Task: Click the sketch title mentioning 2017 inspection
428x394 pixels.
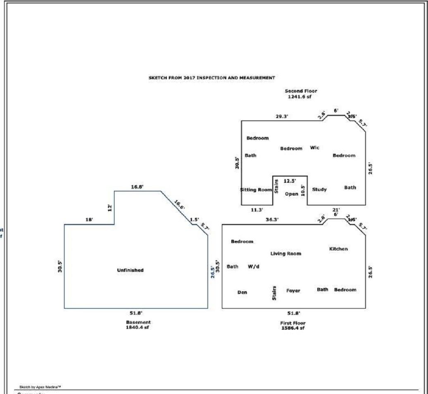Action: [x=212, y=78]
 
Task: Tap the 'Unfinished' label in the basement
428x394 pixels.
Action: [x=130, y=270]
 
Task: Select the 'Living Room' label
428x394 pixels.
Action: [x=285, y=254]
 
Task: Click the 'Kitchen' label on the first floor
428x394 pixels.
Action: [x=338, y=249]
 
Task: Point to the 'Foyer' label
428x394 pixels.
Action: [x=293, y=290]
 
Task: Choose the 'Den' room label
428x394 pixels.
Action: [x=242, y=292]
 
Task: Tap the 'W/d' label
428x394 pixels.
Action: [x=253, y=267]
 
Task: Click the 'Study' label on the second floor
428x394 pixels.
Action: [x=319, y=189]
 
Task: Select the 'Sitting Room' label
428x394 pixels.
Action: [x=256, y=190]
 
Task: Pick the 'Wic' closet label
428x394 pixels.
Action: [x=315, y=148]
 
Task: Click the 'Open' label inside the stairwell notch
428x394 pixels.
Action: [x=292, y=194]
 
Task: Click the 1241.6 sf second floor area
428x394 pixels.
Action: [x=301, y=97]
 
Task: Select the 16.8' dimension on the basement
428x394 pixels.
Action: [x=137, y=187]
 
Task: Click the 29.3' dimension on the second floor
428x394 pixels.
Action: [x=282, y=117]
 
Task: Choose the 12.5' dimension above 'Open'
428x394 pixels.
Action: [x=290, y=181]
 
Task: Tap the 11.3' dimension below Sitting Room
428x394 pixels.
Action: [x=257, y=210]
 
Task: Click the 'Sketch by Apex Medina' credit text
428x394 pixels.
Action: [x=40, y=387]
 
